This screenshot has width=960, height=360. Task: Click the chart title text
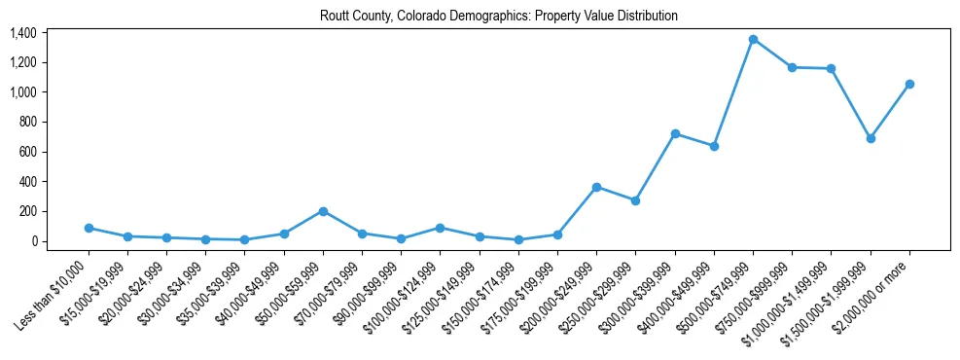click(x=499, y=17)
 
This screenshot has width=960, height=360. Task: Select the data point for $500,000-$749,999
click(x=753, y=39)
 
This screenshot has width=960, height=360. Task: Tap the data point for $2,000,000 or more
click(x=909, y=84)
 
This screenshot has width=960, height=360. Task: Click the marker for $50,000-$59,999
click(x=323, y=211)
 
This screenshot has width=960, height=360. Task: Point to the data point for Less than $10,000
click(x=89, y=228)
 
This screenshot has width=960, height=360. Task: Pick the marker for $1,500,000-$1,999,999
click(x=871, y=138)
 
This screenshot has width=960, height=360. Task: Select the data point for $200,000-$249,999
click(x=596, y=187)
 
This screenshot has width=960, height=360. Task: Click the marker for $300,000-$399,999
click(x=675, y=133)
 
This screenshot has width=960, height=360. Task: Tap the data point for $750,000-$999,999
click(x=792, y=67)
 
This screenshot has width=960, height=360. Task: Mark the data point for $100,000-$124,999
click(x=441, y=228)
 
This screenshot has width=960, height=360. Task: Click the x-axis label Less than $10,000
click(x=53, y=288)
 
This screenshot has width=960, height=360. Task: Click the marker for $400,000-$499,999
click(x=714, y=146)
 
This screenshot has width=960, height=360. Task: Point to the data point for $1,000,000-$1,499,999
click(x=831, y=68)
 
